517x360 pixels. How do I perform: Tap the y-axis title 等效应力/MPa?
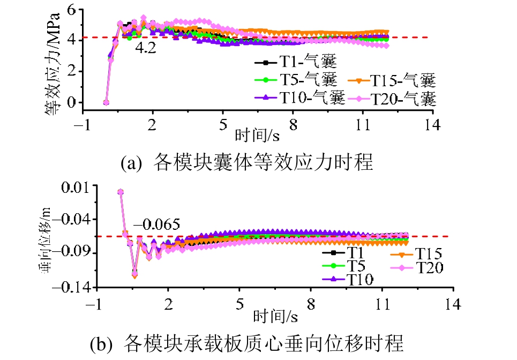pos(52,63)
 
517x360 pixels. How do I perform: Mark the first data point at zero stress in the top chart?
pos(106,102)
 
